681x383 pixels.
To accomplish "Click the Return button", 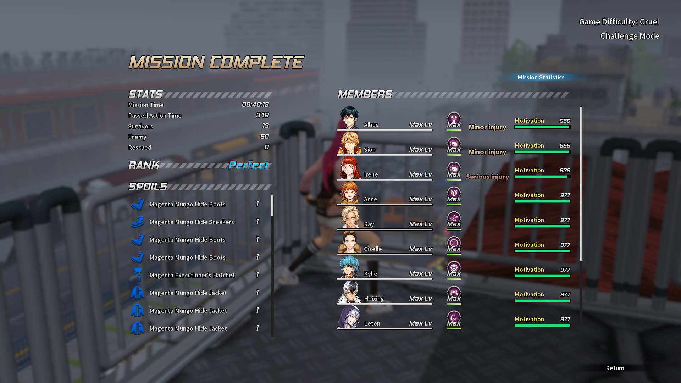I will click(x=615, y=368).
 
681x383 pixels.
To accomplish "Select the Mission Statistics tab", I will click(x=541, y=77).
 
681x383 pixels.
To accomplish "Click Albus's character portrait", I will click(x=349, y=118).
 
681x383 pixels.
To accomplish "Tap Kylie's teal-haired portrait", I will click(x=349, y=267).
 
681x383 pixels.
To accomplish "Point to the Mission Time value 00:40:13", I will click(x=255, y=105).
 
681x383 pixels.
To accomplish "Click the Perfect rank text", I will click(x=249, y=165).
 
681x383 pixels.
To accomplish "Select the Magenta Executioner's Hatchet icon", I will click(x=138, y=275).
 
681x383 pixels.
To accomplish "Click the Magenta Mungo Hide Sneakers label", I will click(x=192, y=222).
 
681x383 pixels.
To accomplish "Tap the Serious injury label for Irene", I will click(x=487, y=177).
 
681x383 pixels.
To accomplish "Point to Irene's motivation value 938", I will click(x=565, y=171).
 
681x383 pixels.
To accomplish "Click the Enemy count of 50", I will click(x=264, y=137).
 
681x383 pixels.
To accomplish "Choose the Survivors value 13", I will click(x=265, y=126).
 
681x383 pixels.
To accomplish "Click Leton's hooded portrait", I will click(x=349, y=316).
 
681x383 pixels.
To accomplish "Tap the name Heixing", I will click(x=374, y=299).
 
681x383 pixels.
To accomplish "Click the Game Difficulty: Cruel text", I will click(x=619, y=22).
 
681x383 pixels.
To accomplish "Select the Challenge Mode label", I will click(x=630, y=36).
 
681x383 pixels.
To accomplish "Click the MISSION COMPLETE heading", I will click(x=216, y=62).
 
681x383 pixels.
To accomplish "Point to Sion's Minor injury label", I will click(x=487, y=152).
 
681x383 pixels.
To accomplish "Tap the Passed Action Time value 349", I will click(x=262, y=115).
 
